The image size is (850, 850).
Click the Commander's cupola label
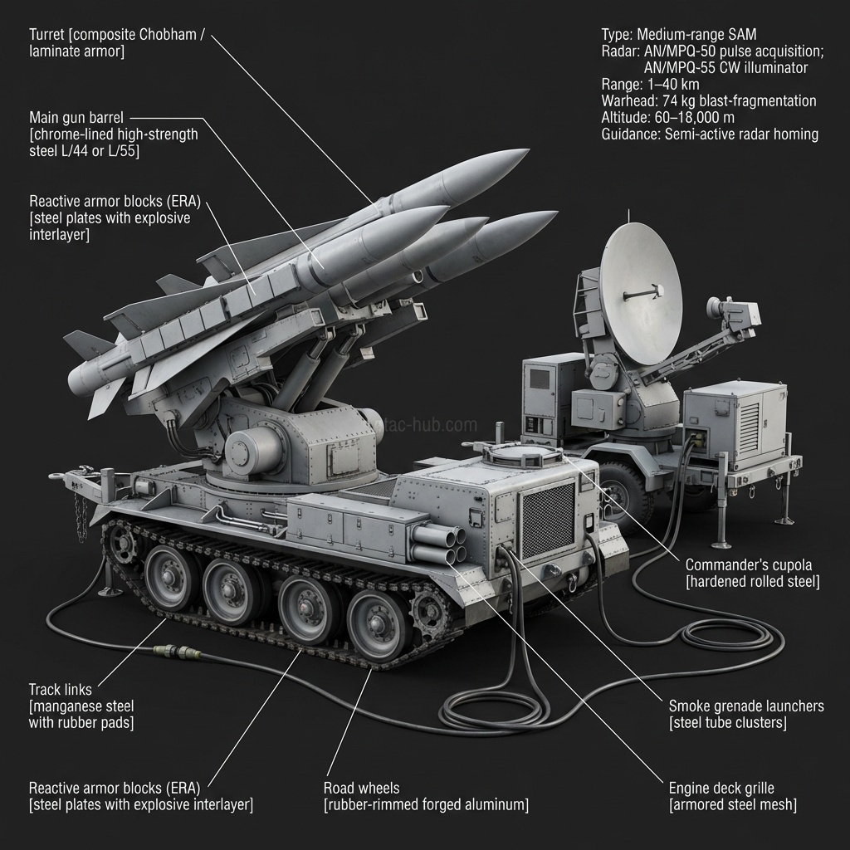click(x=752, y=572)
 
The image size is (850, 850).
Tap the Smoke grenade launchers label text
click(x=745, y=714)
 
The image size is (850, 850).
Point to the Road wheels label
click(x=425, y=796)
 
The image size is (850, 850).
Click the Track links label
click(x=81, y=706)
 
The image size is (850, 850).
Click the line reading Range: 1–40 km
click(x=650, y=85)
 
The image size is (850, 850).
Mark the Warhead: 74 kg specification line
click(x=708, y=101)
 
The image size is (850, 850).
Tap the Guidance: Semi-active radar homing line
click(x=710, y=134)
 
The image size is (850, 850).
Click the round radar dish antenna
click(x=641, y=295)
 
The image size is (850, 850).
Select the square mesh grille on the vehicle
click(x=547, y=520)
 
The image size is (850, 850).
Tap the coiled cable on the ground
click(x=490, y=710)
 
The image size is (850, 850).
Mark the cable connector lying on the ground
click(x=176, y=648)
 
